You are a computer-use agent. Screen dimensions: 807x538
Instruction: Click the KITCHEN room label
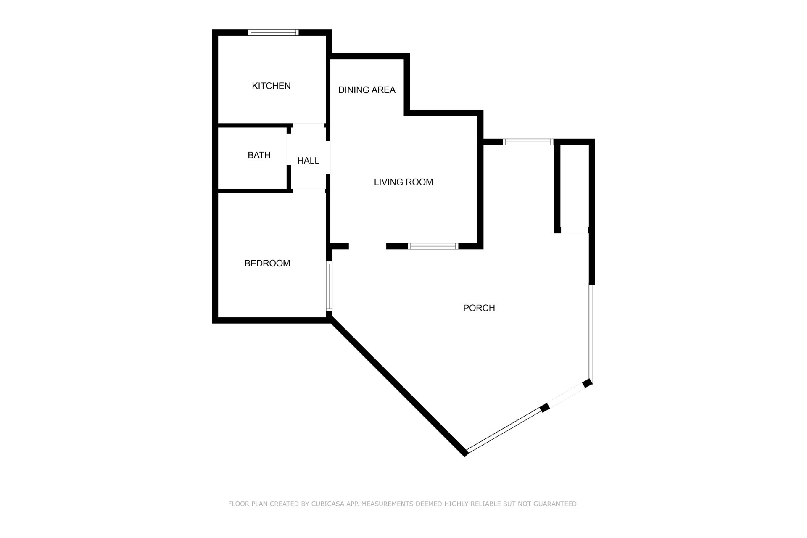(x=271, y=86)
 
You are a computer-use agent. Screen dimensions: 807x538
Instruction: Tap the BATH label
(x=259, y=155)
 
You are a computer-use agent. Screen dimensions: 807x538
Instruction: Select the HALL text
(x=308, y=161)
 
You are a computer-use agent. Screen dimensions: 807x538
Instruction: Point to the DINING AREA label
(x=367, y=90)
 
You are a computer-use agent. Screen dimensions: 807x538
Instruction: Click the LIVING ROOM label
(x=403, y=182)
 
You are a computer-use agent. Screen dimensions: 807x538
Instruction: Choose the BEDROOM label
(x=267, y=263)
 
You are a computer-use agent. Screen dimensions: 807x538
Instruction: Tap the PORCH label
(x=479, y=308)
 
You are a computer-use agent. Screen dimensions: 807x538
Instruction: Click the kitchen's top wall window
(x=273, y=32)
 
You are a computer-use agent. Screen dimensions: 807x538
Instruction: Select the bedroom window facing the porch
(x=329, y=287)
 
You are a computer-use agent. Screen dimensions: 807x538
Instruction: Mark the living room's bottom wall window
(x=433, y=246)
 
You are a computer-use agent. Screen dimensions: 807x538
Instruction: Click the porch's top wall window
(x=528, y=142)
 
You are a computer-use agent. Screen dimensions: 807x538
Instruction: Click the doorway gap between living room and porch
(x=367, y=246)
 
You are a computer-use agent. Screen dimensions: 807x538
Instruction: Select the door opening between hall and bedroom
(x=309, y=191)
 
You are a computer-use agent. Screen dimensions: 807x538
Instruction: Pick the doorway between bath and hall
(x=289, y=149)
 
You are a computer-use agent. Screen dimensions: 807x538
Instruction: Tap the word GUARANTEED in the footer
(x=556, y=504)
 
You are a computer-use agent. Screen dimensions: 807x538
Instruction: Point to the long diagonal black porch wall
(x=398, y=386)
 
